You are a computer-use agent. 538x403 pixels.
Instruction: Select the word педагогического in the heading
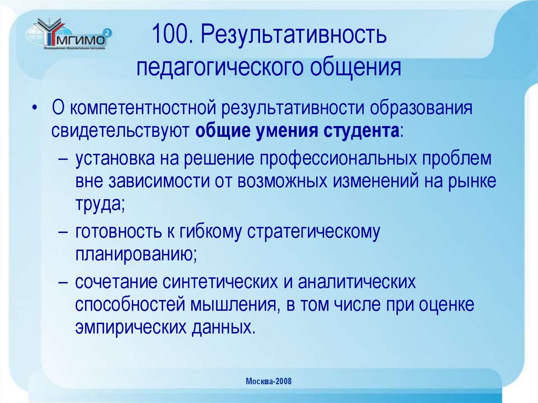coord(220,68)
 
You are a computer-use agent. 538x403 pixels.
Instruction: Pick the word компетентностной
coord(144,109)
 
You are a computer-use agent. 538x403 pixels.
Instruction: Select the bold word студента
coord(358,130)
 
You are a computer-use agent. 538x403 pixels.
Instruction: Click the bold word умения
coord(285,130)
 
